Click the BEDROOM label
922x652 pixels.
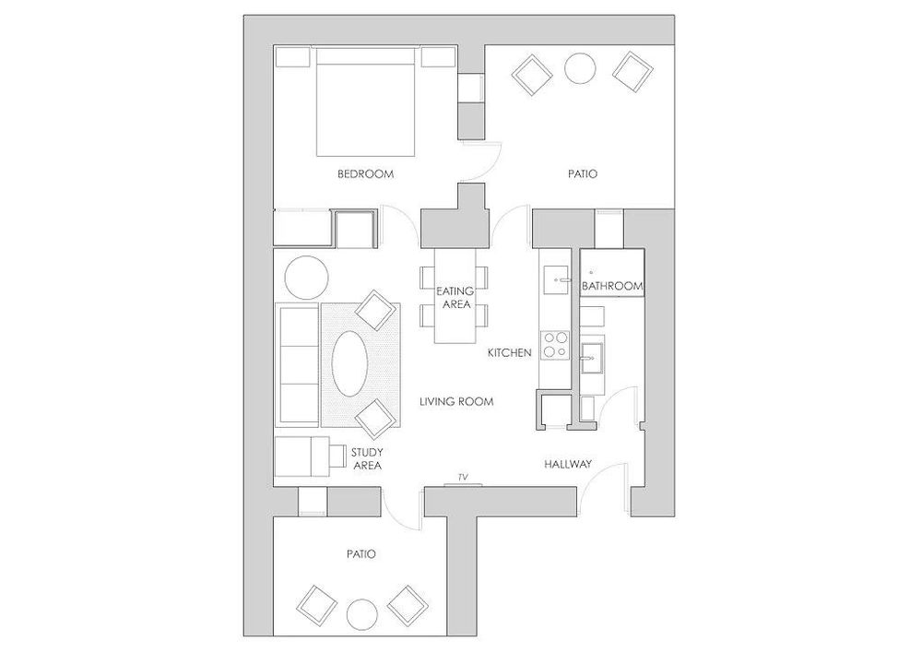pyautogui.click(x=365, y=174)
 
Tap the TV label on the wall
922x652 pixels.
pyautogui.click(x=462, y=478)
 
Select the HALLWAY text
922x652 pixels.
pyautogui.click(x=567, y=464)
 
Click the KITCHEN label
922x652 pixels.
pyautogui.click(x=510, y=352)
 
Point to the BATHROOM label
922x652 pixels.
pyautogui.click(x=611, y=288)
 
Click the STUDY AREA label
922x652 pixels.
pyautogui.click(x=367, y=459)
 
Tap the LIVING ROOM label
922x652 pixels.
pyautogui.click(x=456, y=402)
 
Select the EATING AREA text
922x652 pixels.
pyautogui.click(x=455, y=297)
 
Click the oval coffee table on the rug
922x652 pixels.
pyautogui.click(x=351, y=363)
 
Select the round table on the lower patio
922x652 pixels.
pyautogui.click(x=361, y=615)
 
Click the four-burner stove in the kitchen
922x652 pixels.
pyautogui.click(x=555, y=344)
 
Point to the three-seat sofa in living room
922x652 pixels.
pyautogui.click(x=297, y=362)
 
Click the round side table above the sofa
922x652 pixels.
pyautogui.click(x=305, y=275)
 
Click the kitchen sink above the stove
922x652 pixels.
pyautogui.click(x=557, y=274)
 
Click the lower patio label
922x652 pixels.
pyautogui.click(x=361, y=554)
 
